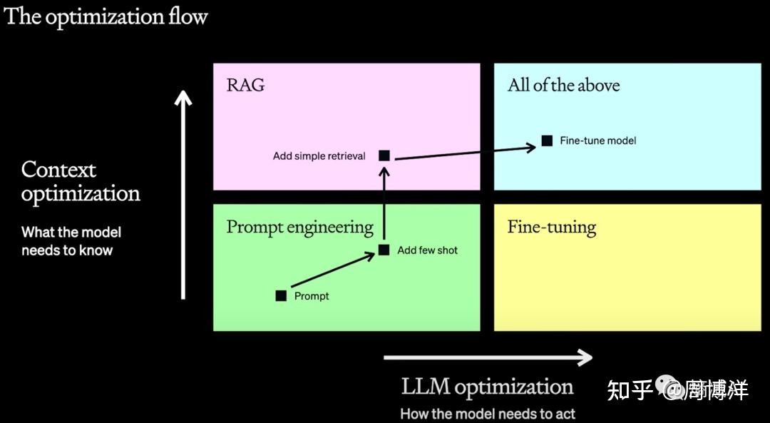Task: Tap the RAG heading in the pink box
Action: coord(245,86)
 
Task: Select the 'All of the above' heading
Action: coord(563,86)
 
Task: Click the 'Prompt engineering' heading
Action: coord(299,228)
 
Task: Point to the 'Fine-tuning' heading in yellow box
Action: coord(551,228)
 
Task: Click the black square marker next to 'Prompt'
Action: coord(281,295)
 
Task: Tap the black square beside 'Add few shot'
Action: coord(384,250)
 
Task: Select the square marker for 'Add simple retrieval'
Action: coord(384,155)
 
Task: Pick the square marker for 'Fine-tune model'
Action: coord(547,141)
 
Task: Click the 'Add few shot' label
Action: coord(427,250)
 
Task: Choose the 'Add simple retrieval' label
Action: coord(319,156)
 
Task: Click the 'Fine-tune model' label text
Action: coord(597,141)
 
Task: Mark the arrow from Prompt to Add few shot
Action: coord(332,272)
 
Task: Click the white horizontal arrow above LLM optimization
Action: coord(488,357)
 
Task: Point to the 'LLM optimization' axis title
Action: coord(487,387)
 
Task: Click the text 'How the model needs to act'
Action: coord(487,414)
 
